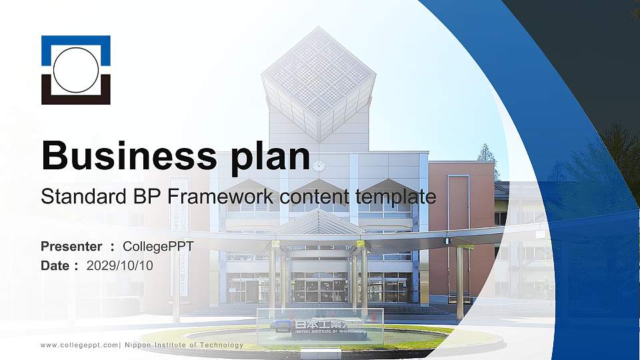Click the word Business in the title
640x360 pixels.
click(129, 155)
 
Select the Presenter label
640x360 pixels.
click(71, 247)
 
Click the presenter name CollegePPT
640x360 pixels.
click(158, 247)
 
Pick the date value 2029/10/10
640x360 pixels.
click(119, 266)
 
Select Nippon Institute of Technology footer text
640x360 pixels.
click(184, 345)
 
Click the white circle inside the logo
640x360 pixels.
click(76, 70)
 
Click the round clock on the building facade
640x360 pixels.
click(319, 166)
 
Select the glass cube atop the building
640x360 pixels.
click(319, 84)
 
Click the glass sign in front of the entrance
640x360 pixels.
click(320, 326)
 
